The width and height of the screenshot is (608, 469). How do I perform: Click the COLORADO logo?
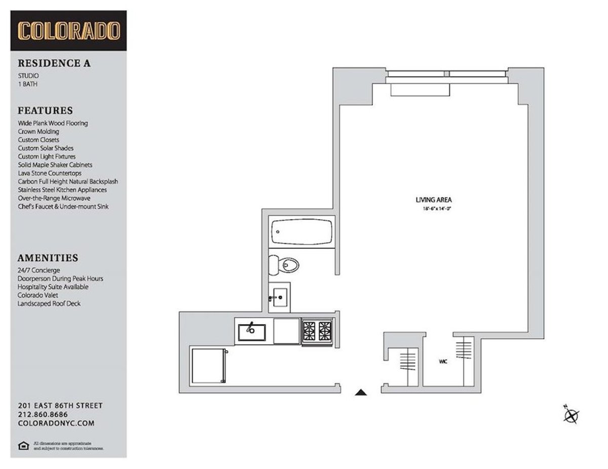pyautogui.click(x=68, y=31)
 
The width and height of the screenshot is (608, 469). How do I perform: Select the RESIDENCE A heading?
pyautogui.click(x=54, y=64)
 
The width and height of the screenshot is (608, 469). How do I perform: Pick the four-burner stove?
pyautogui.click(x=317, y=332)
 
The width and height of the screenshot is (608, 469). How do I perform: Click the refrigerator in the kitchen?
pyautogui.click(x=208, y=366)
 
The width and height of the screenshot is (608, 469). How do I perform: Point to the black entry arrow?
pyautogui.click(x=360, y=392)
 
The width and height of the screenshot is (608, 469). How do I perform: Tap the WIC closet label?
pyautogui.click(x=442, y=362)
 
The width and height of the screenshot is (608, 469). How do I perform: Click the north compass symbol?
pyautogui.click(x=571, y=415)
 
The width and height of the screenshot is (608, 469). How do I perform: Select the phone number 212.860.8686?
pyautogui.click(x=43, y=414)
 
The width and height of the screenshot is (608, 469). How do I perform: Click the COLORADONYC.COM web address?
pyautogui.click(x=55, y=423)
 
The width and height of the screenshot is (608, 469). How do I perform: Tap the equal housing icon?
pyautogui.click(x=22, y=445)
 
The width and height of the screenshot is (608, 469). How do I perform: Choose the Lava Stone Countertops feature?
pyautogui.click(x=49, y=173)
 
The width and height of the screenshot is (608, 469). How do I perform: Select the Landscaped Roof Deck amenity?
pyautogui.click(x=49, y=303)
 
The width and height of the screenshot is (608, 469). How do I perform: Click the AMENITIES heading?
pyautogui.click(x=48, y=258)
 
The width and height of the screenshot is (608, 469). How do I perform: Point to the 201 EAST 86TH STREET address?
pyautogui.click(x=60, y=406)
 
